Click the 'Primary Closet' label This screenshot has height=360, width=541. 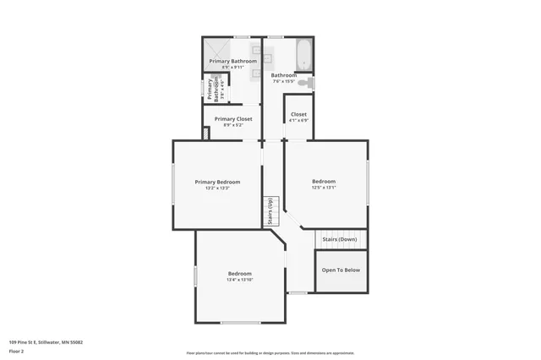[233, 119]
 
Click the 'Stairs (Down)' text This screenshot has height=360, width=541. [340, 239]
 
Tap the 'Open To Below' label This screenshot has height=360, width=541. [341, 270]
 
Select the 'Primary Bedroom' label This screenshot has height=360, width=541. [217, 182]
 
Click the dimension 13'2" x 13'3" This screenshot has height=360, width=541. [217, 188]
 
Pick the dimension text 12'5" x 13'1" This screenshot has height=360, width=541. [324, 188]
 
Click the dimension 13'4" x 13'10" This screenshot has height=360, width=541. [240, 280]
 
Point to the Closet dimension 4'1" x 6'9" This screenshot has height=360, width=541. [298, 120]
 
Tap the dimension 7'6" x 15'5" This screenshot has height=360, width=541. [283, 81]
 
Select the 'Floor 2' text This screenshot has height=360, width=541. [16, 351]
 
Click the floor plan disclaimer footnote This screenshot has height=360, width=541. [270, 353]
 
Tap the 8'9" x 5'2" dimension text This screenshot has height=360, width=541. [233, 125]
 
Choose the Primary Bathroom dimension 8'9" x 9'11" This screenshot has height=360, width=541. [233, 68]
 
